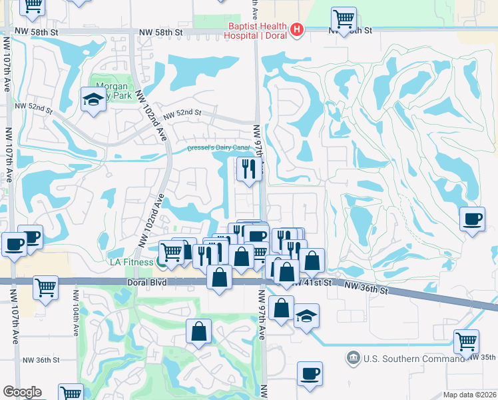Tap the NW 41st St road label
pyautogui.click(x=312, y=283)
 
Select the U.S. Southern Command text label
pyautogui.click(x=411, y=359)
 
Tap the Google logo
pyautogui.click(x=22, y=392)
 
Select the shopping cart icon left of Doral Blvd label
pyautogui.click(x=45, y=287)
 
